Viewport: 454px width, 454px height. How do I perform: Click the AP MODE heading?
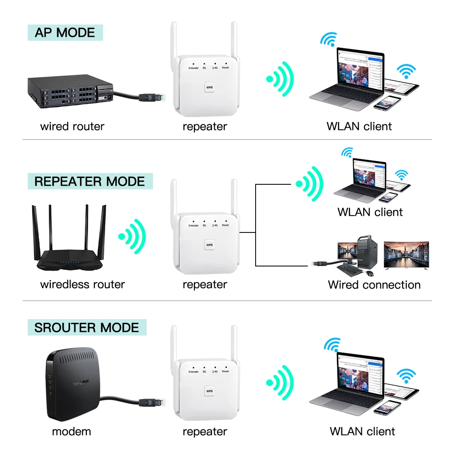pos(65,33)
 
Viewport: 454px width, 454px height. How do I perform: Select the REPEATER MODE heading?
pos(89,182)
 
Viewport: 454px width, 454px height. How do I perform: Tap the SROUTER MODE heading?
pos(86,328)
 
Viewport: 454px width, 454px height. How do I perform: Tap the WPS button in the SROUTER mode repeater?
pos(209,391)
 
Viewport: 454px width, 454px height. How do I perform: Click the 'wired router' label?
pos(72,126)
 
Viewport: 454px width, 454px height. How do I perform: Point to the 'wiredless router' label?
pos(82,285)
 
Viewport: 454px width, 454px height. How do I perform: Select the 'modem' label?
pos(71,431)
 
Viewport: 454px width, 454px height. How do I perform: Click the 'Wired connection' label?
pos(374,285)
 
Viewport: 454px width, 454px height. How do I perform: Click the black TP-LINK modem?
pos(71,389)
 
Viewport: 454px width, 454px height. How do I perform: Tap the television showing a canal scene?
pos(407,256)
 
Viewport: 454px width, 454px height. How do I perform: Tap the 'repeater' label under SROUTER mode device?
pos(205,431)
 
